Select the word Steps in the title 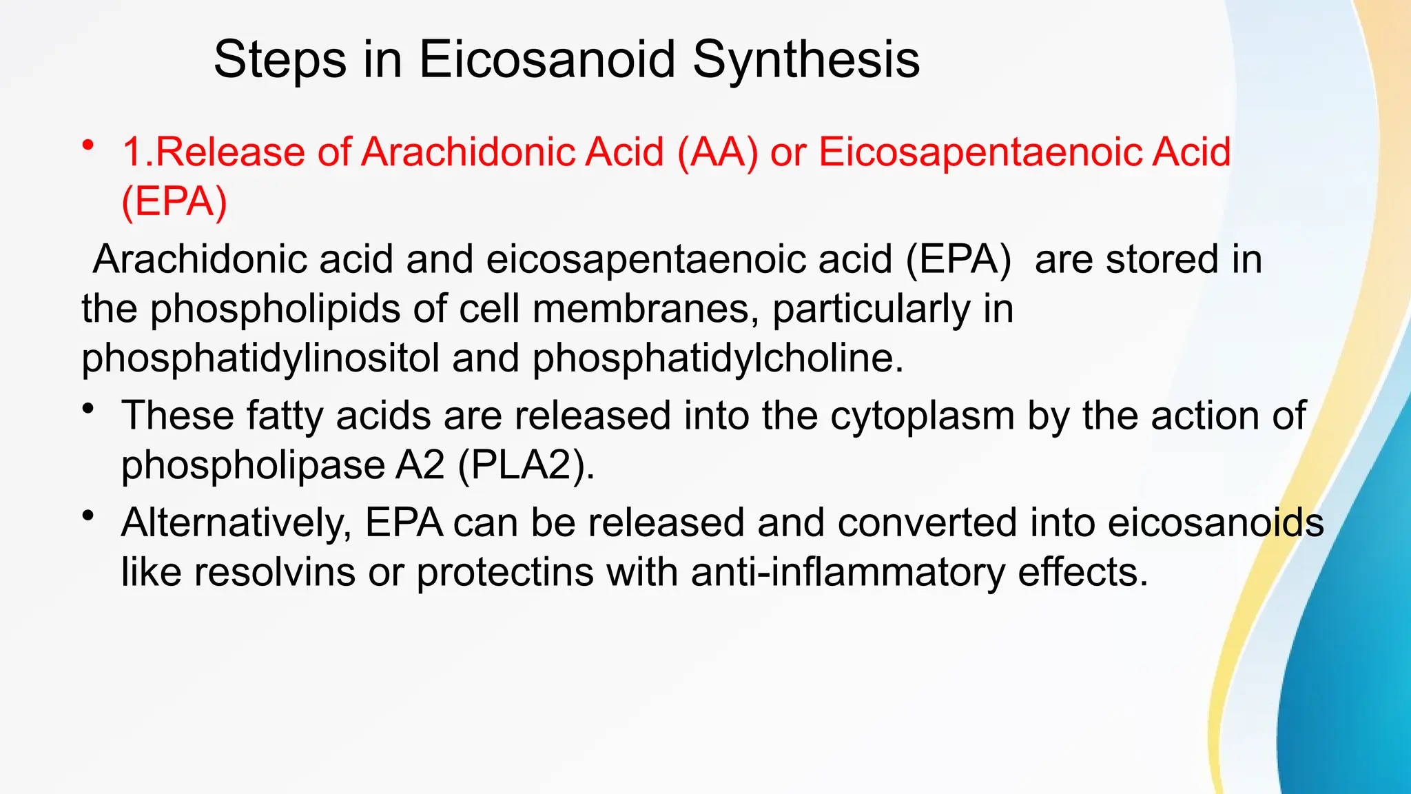[x=280, y=59]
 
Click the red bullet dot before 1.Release [x=87, y=145]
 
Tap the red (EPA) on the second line [x=174, y=201]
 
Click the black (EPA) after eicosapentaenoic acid [x=958, y=260]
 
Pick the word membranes [x=641, y=309]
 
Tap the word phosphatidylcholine [x=717, y=358]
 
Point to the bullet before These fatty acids [x=87, y=409]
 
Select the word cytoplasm [x=922, y=416]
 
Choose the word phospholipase [x=252, y=465]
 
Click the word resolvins [x=274, y=572]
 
